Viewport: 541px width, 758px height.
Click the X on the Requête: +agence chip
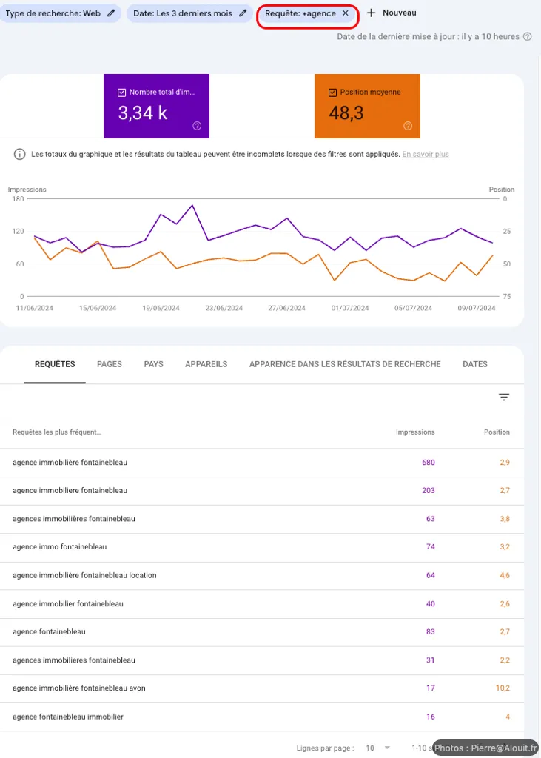(x=345, y=13)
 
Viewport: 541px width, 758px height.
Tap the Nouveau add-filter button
(x=392, y=13)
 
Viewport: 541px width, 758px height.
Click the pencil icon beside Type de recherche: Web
(x=111, y=13)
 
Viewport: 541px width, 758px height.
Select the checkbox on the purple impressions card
(x=122, y=93)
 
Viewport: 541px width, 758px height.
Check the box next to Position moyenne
(x=333, y=93)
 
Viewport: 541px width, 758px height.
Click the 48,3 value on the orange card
(x=346, y=113)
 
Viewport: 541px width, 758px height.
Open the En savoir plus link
(x=426, y=155)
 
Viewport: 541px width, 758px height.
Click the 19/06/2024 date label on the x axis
(x=161, y=308)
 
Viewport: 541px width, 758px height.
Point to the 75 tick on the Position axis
(x=506, y=296)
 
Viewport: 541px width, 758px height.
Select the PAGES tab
(x=110, y=364)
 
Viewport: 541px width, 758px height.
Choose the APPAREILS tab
(x=206, y=364)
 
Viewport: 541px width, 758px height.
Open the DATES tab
(x=475, y=364)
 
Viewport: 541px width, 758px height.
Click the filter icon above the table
(x=504, y=398)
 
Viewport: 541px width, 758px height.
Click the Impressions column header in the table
(x=415, y=432)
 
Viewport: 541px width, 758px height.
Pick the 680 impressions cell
(x=428, y=463)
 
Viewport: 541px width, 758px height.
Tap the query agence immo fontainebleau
(x=60, y=547)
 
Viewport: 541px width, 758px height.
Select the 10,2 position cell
(x=503, y=688)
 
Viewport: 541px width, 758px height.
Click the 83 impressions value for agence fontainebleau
(x=430, y=632)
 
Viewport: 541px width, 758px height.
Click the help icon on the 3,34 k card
(x=197, y=126)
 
